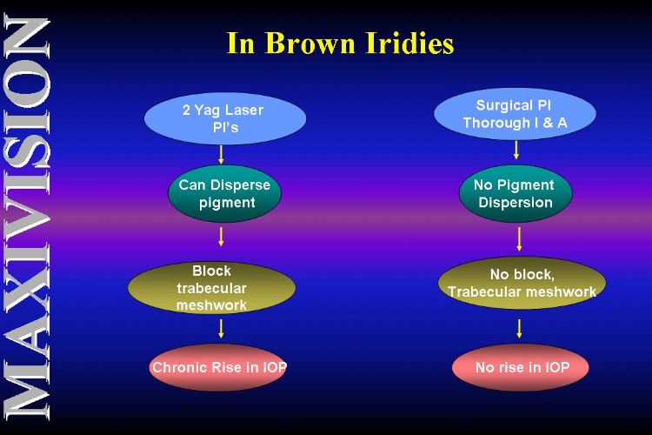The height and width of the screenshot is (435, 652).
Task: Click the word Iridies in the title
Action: pos(409,43)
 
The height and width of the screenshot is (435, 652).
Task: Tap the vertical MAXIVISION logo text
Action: pos(27,217)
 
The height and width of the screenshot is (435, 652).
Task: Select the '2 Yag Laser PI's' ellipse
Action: pos(225,118)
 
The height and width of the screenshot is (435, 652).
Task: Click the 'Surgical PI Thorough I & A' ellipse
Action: pos(515,114)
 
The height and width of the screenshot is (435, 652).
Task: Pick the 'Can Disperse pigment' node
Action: pos(224,193)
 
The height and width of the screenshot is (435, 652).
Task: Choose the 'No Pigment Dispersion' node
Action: pos(516,193)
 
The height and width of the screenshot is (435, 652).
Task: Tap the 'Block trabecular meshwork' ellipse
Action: pos(211,288)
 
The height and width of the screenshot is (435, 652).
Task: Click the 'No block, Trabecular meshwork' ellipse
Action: pos(522,283)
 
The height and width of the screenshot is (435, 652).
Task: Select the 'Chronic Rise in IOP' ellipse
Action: pos(218,367)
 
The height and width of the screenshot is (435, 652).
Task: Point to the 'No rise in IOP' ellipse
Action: pos(520,367)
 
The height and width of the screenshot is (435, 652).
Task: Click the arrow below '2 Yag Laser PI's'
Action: pos(221,155)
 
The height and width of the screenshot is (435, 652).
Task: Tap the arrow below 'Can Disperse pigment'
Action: pos(221,237)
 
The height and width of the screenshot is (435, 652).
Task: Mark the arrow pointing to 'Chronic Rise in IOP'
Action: pos(221,329)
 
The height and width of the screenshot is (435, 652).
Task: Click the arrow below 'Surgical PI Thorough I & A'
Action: pos(516,150)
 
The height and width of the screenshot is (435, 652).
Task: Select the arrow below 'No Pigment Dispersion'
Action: pos(519,239)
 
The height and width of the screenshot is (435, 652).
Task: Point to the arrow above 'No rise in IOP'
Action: pos(519,329)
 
